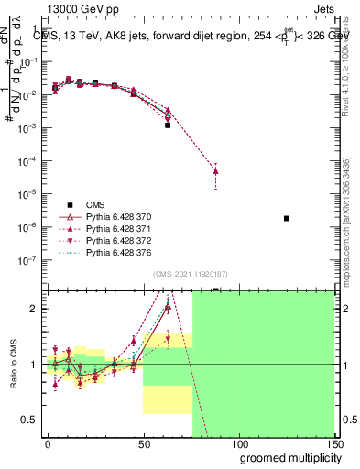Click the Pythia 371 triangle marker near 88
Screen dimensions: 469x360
click(x=215, y=171)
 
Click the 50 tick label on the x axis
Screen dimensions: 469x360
click(x=143, y=443)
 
